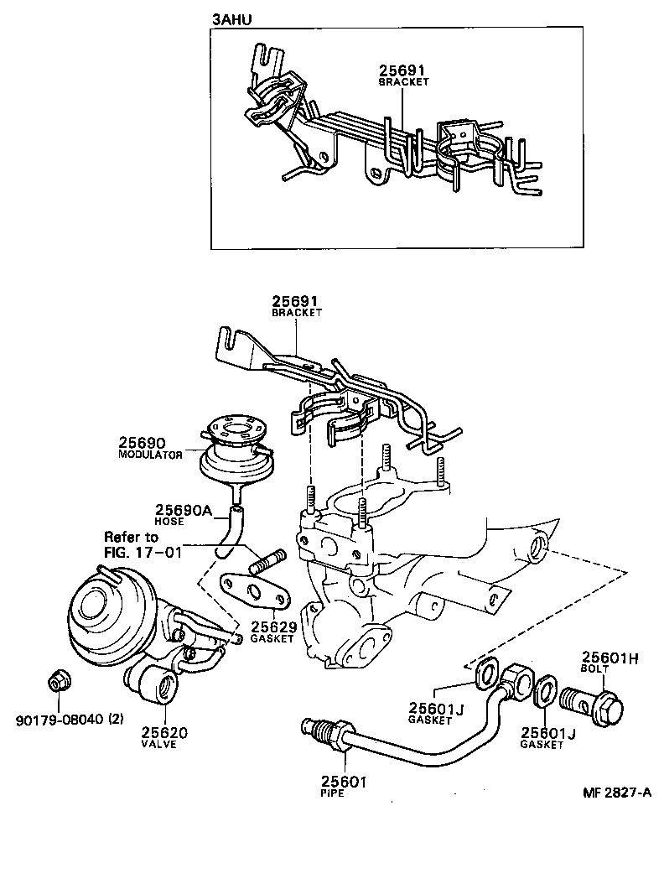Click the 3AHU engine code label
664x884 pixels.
coord(231,17)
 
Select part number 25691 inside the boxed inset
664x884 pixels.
coord(403,72)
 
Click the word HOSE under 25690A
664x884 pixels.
coord(170,522)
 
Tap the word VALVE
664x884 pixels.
coord(159,745)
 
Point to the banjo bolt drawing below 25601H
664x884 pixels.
coord(597,698)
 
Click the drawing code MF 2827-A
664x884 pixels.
coord(618,793)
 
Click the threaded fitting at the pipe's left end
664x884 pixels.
coord(324,731)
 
